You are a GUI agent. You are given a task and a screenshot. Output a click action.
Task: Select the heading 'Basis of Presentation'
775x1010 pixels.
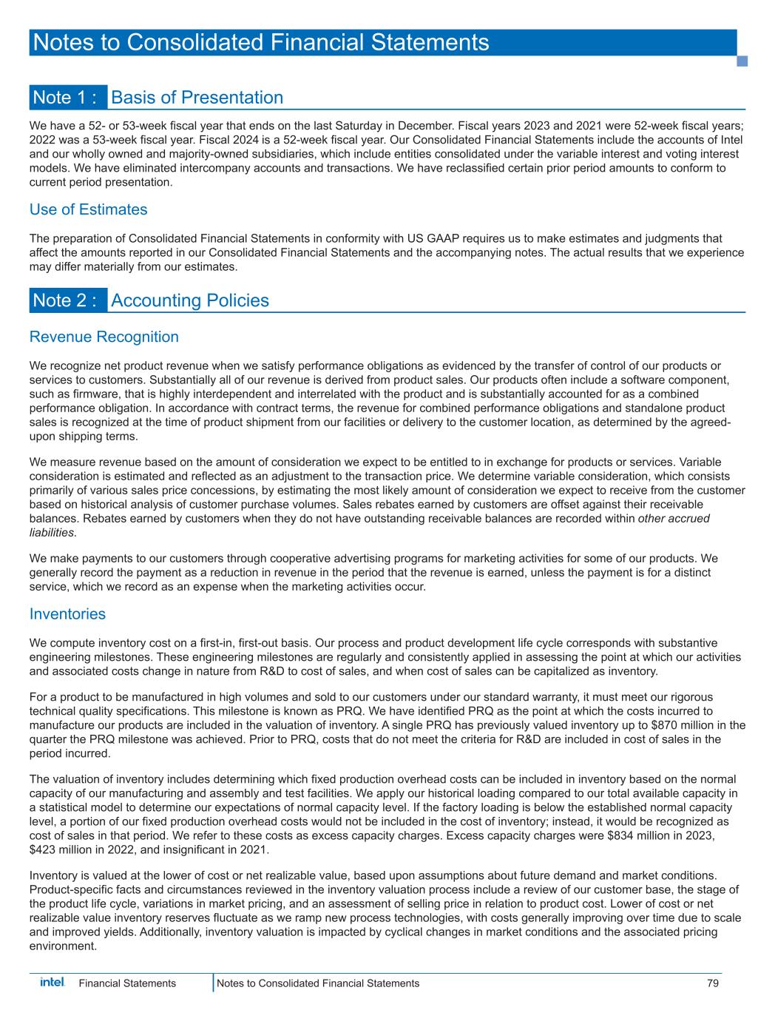click(197, 98)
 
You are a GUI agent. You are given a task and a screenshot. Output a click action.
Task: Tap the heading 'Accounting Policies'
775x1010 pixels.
click(190, 300)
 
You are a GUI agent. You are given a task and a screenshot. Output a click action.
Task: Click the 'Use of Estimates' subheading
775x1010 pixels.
click(88, 209)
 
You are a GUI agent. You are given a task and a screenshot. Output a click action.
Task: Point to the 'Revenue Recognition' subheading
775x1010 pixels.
click(104, 337)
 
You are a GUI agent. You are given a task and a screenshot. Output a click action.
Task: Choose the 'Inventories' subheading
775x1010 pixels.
click(67, 613)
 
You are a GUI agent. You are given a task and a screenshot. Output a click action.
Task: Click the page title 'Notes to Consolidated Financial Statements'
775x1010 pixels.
click(260, 42)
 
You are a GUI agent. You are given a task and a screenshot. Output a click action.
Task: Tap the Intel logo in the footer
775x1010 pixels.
click(52, 982)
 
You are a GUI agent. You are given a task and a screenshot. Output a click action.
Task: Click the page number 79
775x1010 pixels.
click(712, 983)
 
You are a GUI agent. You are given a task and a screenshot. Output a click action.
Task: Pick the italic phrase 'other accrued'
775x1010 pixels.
click(673, 518)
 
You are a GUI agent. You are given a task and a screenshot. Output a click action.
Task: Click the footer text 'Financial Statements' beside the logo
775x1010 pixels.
click(127, 983)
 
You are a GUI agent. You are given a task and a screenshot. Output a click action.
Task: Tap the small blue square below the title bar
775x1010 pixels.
click(742, 61)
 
